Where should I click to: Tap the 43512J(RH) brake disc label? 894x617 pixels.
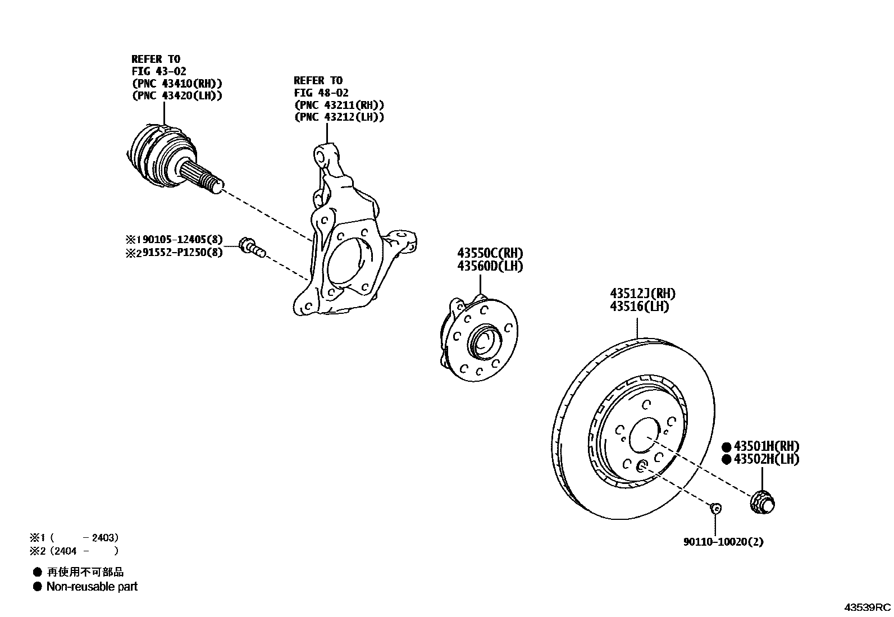[642, 294]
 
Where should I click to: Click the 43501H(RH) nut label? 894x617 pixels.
[766, 446]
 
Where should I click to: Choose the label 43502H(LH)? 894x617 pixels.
[766, 459]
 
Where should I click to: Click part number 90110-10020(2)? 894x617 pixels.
[723, 542]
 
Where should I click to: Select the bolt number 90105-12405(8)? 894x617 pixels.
[180, 240]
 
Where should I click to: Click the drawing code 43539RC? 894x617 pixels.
[868, 607]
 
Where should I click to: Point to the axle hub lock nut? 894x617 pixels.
[763, 501]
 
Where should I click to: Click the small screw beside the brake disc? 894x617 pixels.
[715, 508]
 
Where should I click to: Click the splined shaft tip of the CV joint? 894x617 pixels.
[216, 185]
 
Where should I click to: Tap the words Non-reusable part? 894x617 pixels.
[92, 587]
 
